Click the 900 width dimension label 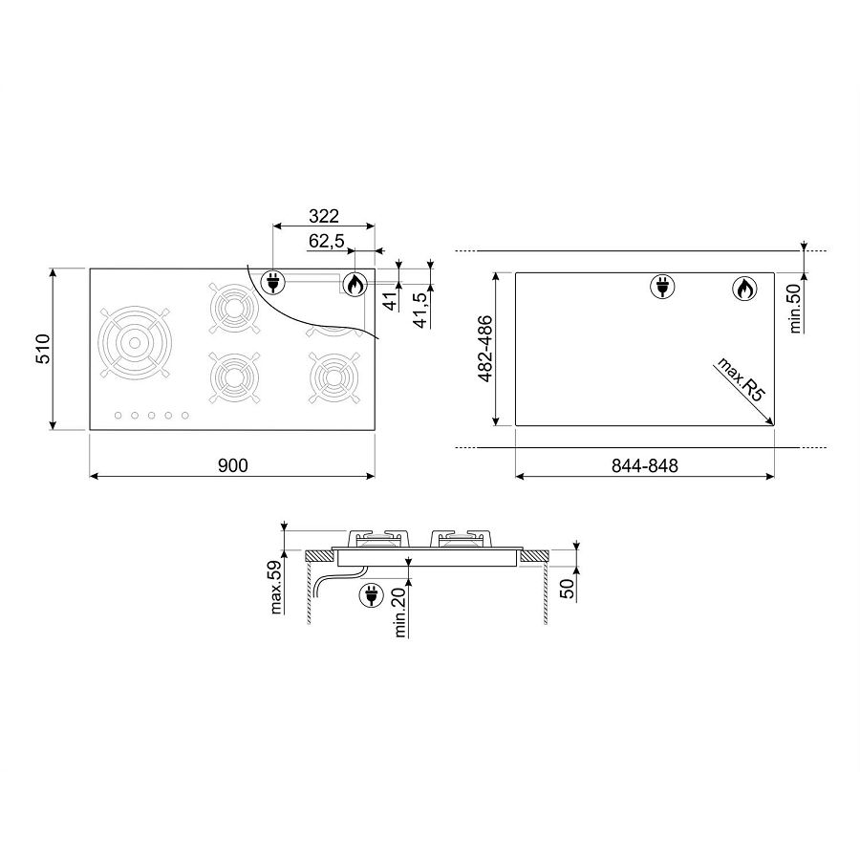[x=233, y=465]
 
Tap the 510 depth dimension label [x=43, y=349]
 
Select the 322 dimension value [x=324, y=216]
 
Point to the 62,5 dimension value [x=326, y=241]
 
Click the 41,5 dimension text [x=420, y=310]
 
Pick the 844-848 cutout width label [x=644, y=465]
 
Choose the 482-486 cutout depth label [x=485, y=349]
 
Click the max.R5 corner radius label [x=740, y=379]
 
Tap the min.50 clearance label [x=795, y=311]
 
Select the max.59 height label [x=276, y=587]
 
